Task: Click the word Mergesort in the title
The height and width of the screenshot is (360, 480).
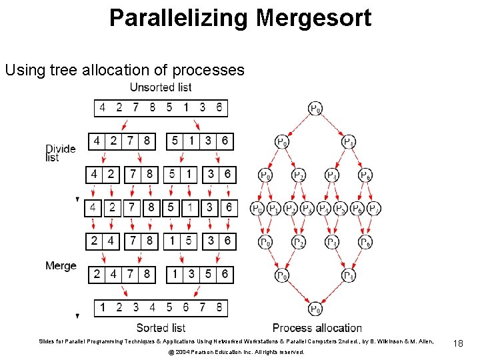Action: [x=313, y=18]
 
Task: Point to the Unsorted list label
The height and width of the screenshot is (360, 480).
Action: [x=160, y=87]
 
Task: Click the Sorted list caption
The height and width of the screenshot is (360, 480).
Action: [x=161, y=327]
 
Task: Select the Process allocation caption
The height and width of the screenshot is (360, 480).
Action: [x=317, y=328]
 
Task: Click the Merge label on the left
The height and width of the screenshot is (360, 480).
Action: [x=61, y=266]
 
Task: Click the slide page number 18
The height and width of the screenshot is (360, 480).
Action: [x=457, y=343]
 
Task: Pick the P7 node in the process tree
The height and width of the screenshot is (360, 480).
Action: [x=374, y=209]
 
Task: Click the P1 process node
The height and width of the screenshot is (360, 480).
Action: [x=274, y=209]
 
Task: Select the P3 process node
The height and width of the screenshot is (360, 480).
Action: [x=307, y=209]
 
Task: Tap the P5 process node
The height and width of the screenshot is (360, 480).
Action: [x=341, y=209]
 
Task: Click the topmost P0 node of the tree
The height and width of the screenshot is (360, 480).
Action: [x=315, y=108]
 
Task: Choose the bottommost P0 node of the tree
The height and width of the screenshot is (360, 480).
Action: [x=315, y=309]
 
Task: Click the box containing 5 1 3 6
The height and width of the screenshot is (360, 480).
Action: [x=199, y=141]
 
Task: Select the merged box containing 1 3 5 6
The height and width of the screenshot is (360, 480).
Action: [x=199, y=274]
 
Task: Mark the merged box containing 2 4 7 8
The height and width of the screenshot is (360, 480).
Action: [x=122, y=274]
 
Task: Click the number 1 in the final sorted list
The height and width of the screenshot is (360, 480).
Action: [x=102, y=307]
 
